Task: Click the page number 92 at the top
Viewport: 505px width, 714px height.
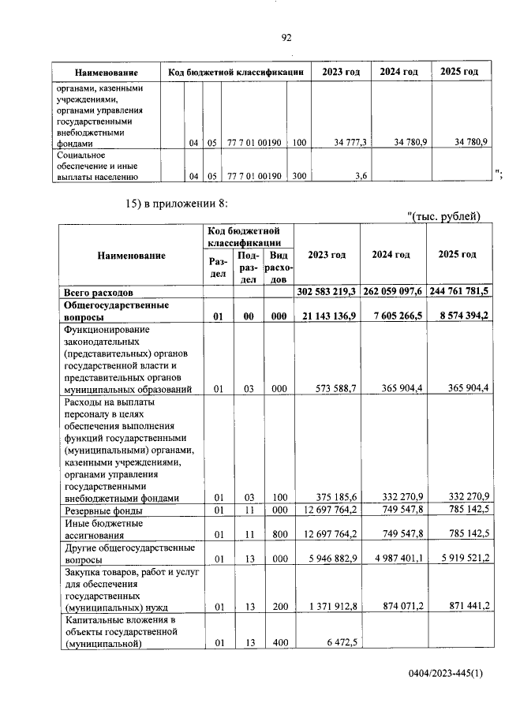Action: coord(286,37)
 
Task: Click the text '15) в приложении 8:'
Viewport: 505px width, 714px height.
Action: coord(177,204)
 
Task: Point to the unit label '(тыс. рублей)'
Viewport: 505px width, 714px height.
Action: coord(447,218)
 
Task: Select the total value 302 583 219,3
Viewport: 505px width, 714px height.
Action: coord(327,291)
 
